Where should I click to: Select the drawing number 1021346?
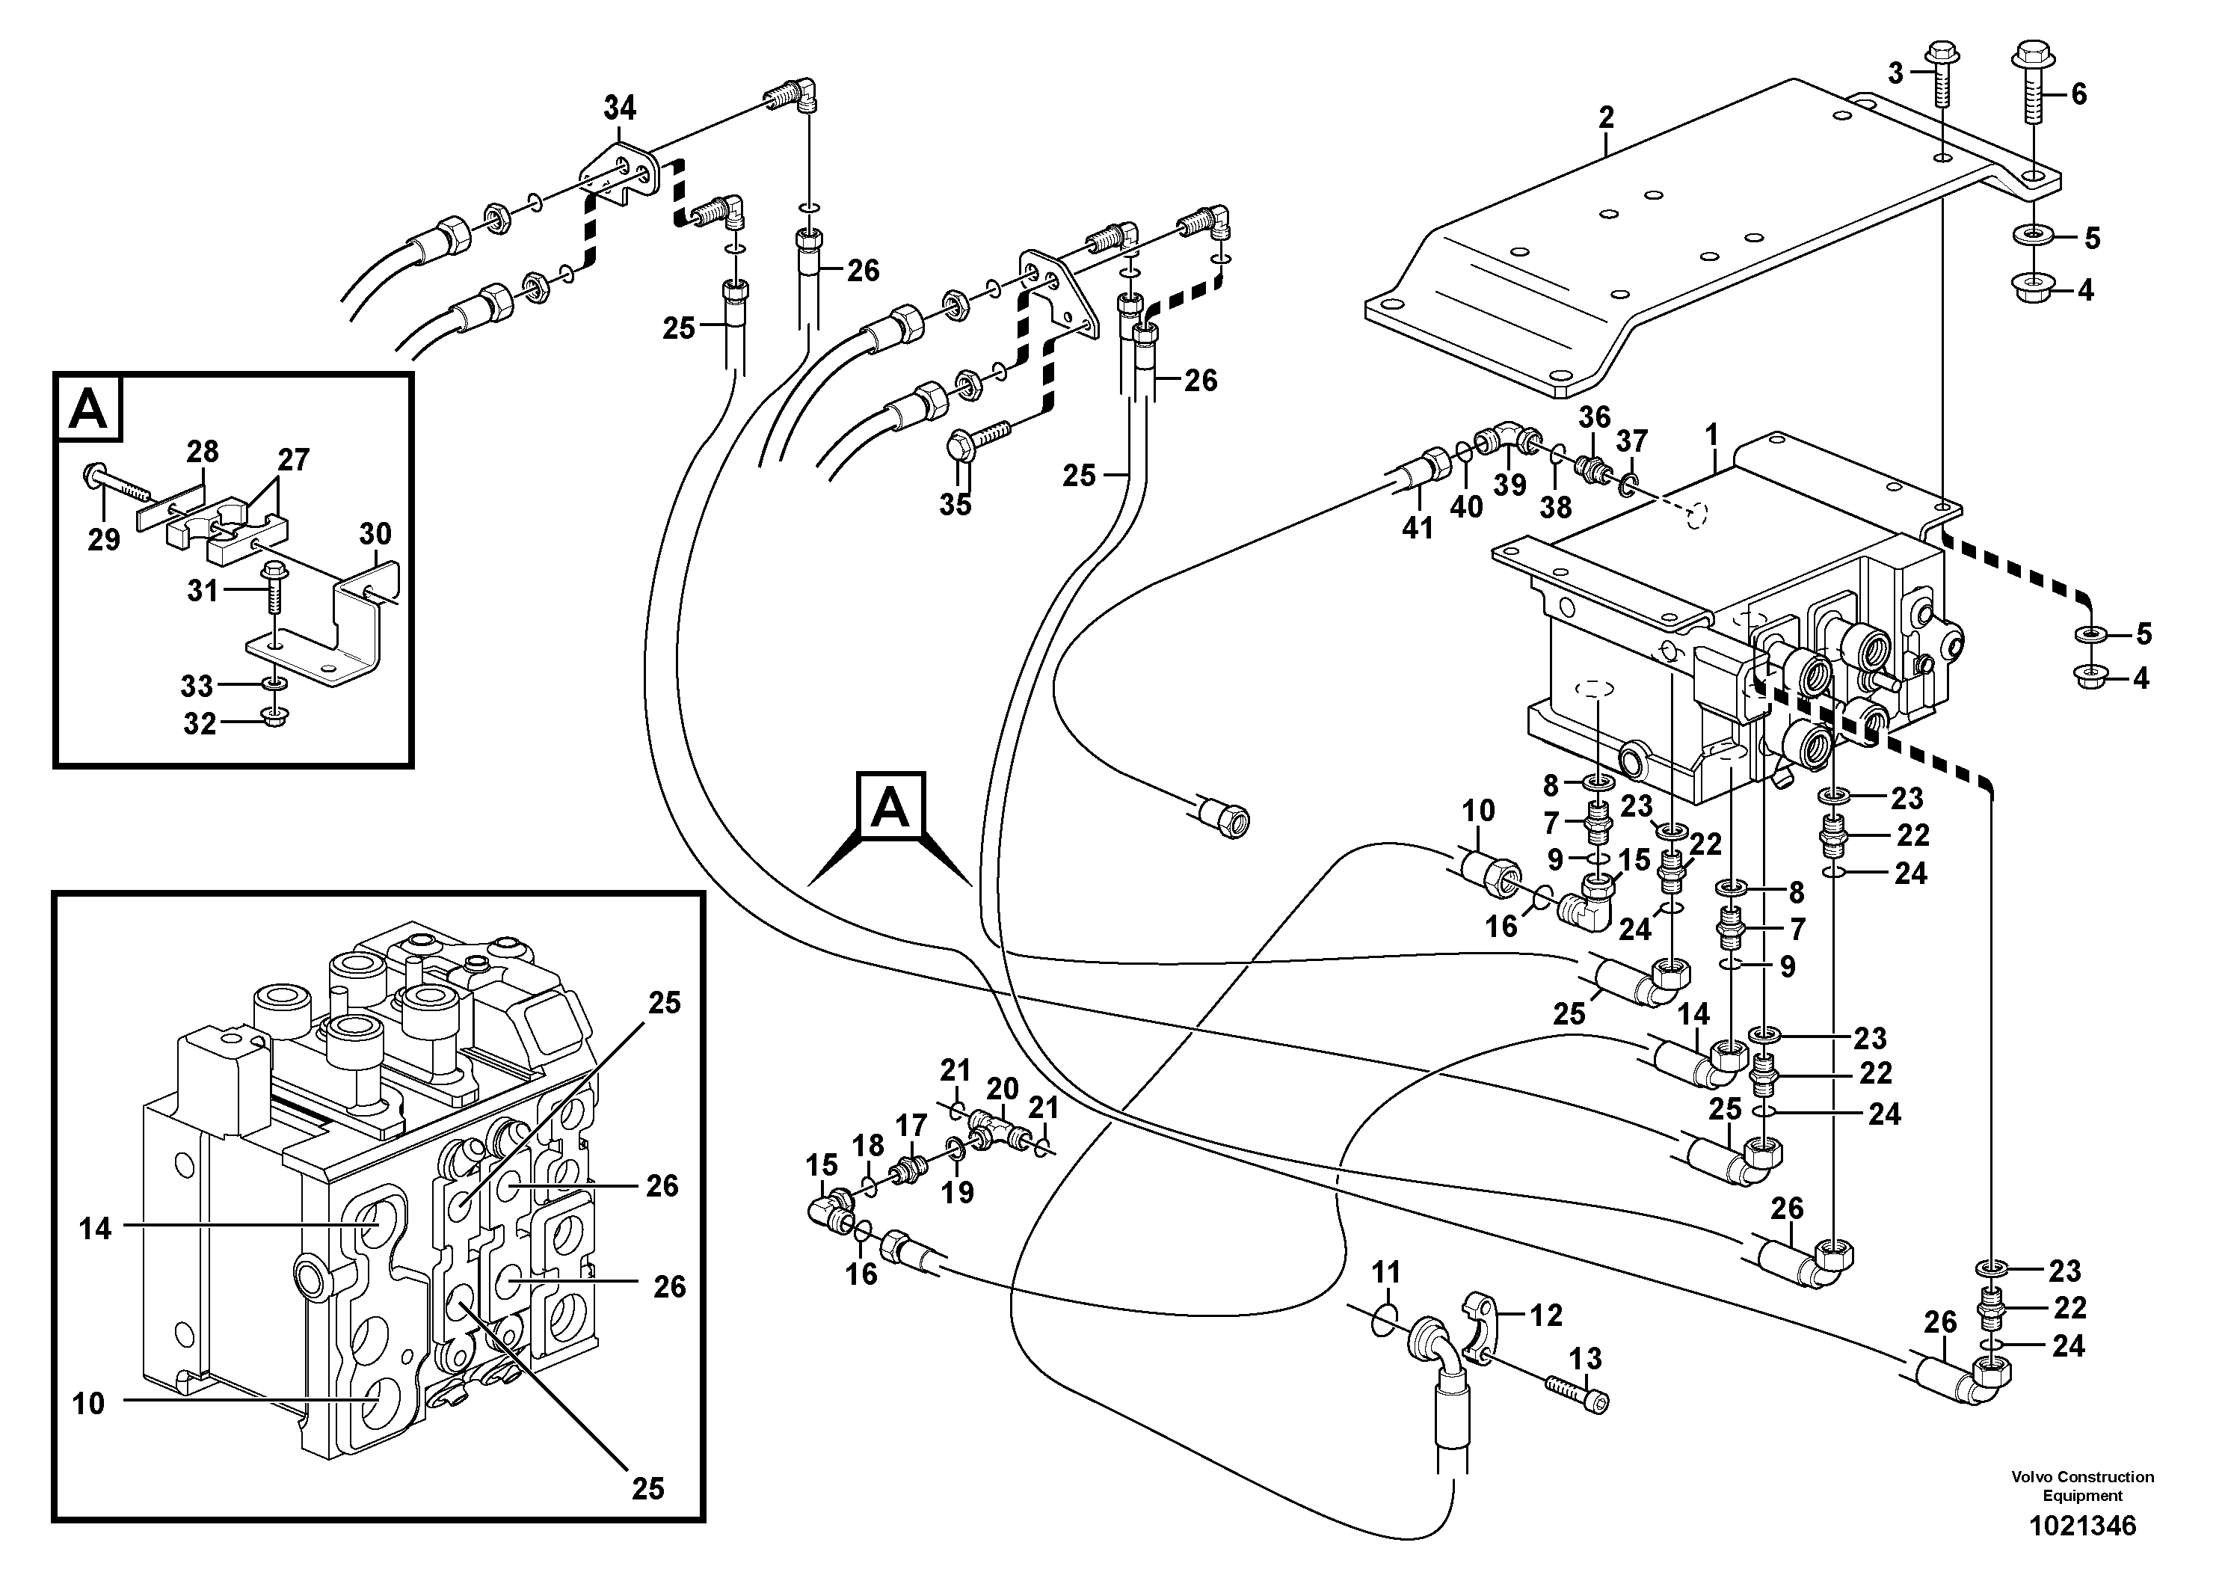[x=2081, y=1526]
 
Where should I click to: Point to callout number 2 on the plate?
[x=1606, y=118]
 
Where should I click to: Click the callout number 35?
[x=955, y=505]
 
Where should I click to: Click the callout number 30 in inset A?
[x=375, y=534]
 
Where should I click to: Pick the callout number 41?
[x=1418, y=528]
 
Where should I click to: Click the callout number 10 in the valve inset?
[x=88, y=1404]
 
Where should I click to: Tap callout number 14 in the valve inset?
[x=95, y=1229]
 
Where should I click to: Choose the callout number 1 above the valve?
[x=1712, y=435]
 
